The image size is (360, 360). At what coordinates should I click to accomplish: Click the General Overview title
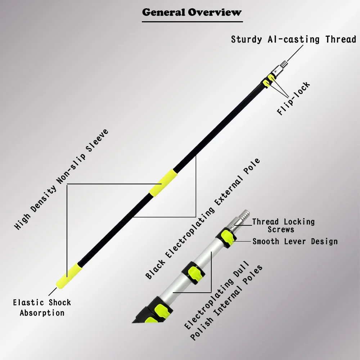click(192, 12)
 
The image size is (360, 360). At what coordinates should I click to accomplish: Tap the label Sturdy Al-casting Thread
click(293, 39)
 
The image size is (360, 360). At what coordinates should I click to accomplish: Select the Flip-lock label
click(293, 99)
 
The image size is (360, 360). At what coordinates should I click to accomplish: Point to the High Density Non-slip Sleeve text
click(61, 180)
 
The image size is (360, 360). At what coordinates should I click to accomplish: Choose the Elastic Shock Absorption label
click(42, 307)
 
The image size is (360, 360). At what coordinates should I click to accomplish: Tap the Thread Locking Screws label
click(283, 225)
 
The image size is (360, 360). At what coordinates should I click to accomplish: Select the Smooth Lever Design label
click(295, 241)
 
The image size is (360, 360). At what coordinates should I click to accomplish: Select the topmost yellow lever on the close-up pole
click(228, 237)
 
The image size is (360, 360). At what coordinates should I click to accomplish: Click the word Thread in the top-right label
click(341, 39)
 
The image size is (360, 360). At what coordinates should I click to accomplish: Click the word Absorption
click(42, 312)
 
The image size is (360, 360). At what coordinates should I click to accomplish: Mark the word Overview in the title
click(215, 12)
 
